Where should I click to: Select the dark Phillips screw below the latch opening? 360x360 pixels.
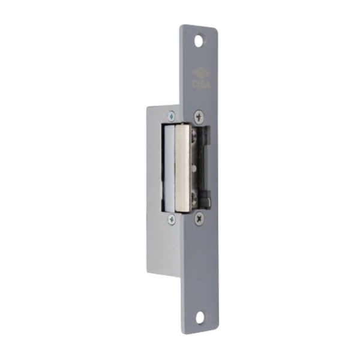coord(199,220)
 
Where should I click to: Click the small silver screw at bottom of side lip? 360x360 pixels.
coord(172,220)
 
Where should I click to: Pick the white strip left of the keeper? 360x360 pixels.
coord(168,168)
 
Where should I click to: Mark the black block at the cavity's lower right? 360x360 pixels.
coord(206,198)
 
